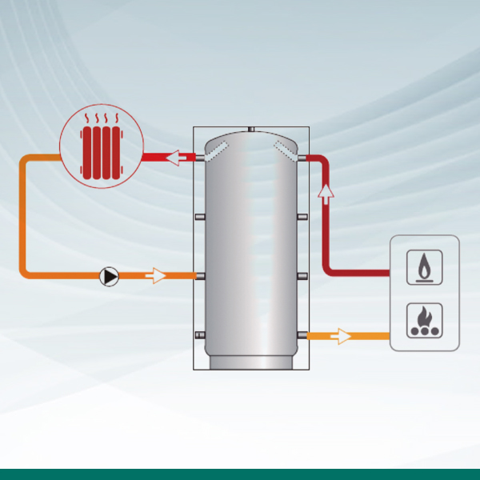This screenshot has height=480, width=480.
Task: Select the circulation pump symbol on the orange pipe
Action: tap(109, 277)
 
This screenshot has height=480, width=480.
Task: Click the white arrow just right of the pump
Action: tap(157, 277)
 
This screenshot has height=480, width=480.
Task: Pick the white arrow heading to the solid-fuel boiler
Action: tap(341, 335)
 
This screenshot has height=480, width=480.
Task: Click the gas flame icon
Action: tap(424, 267)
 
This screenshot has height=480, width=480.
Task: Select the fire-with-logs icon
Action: tap(424, 320)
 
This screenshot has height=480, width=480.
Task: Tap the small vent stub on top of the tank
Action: tap(250, 128)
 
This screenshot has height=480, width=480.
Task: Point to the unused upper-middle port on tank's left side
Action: tap(200, 218)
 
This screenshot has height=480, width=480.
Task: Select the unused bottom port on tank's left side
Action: tap(200, 335)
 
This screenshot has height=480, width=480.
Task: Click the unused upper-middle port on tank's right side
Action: tap(302, 218)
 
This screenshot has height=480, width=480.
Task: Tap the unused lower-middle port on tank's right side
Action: tap(302, 277)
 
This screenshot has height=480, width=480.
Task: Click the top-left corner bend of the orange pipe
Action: tap(26, 161)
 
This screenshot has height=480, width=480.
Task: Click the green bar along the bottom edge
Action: tap(240, 474)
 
